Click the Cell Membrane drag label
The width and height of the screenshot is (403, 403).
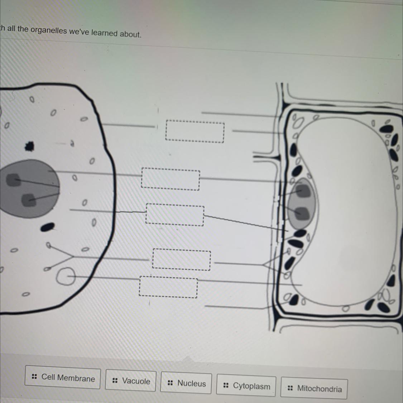click(62, 377)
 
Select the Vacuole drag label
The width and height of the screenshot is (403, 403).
click(130, 380)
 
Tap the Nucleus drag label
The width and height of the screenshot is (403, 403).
click(186, 383)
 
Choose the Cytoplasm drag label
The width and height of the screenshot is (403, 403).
click(246, 385)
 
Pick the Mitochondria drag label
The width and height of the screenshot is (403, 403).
click(314, 388)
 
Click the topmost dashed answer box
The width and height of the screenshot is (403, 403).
click(195, 131)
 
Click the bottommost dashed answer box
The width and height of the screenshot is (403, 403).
click(168, 287)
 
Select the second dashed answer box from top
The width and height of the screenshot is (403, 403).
click(171, 179)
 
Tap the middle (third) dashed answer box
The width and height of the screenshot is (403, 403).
click(175, 215)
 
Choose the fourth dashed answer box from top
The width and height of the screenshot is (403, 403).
click(182, 259)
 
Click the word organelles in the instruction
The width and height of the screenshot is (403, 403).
click(49, 30)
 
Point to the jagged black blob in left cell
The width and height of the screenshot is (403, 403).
click(29, 146)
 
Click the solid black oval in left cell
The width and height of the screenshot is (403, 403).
click(48, 227)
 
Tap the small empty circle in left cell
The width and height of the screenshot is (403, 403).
click(66, 276)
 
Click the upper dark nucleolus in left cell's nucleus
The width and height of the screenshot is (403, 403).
click(13, 180)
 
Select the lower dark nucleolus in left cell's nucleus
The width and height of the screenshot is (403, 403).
click(29, 200)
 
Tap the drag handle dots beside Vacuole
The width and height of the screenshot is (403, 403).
click(115, 380)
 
